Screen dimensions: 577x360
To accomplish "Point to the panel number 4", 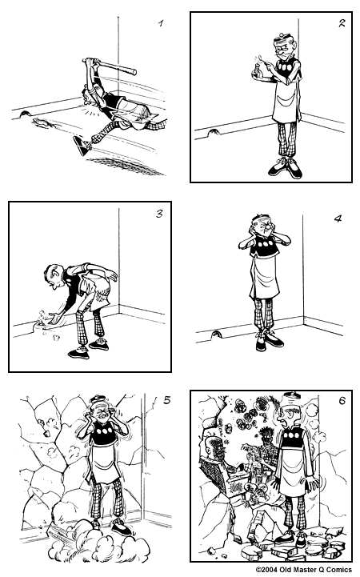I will pos(338,218).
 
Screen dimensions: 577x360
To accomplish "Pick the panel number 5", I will pos(166,402).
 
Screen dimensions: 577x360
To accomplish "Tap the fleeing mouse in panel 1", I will pos(42,122).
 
